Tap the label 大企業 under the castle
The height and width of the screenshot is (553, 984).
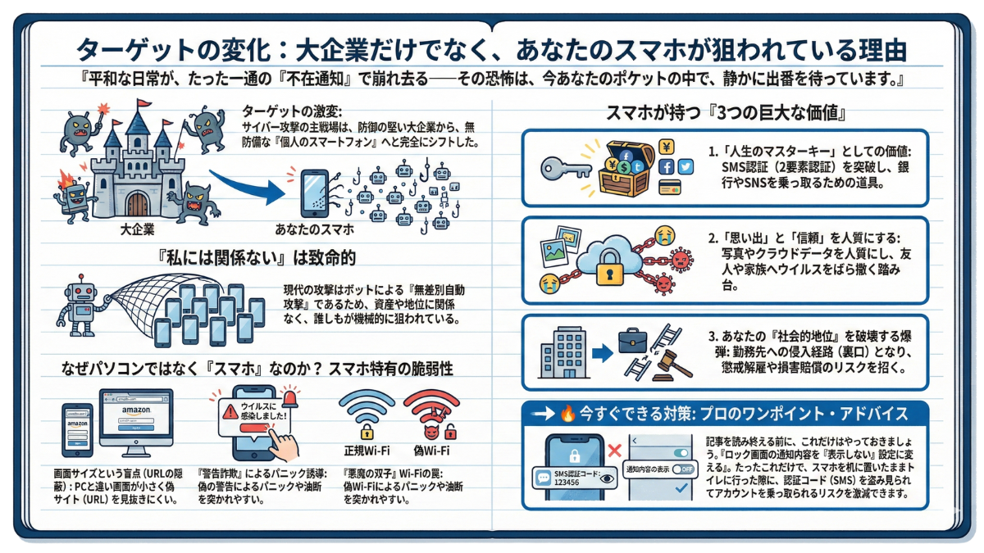click(x=137, y=230)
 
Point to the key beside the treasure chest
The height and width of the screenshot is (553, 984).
click(x=566, y=169)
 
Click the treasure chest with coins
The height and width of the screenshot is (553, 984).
click(x=626, y=168)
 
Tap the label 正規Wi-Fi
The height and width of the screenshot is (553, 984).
click(x=365, y=451)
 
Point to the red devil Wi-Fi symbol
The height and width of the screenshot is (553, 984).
click(x=431, y=414)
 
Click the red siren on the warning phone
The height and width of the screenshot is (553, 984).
click(x=290, y=397)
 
